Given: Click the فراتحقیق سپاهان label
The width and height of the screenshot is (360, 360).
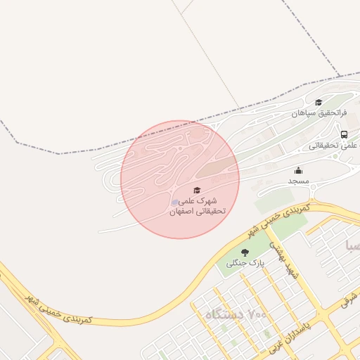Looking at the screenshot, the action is tap(320, 112).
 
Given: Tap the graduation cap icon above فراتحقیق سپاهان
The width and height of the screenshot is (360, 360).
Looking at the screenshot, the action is tap(319, 103).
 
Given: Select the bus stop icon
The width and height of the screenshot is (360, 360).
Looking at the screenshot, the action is tap(344, 134).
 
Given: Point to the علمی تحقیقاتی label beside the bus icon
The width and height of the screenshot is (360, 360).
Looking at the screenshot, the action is tap(333, 146).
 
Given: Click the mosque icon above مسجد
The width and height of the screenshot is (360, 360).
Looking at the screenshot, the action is tap(298, 170).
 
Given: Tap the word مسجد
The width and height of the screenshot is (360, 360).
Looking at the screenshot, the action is tap(298, 181).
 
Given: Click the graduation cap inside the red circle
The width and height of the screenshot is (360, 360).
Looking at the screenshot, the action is tap(197, 191).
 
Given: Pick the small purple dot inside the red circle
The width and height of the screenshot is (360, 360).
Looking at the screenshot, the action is tap(175, 202).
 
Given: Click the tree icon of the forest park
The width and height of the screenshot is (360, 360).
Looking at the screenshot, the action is tap(245, 252).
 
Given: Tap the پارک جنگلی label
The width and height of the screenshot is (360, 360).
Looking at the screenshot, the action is tap(241, 264).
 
